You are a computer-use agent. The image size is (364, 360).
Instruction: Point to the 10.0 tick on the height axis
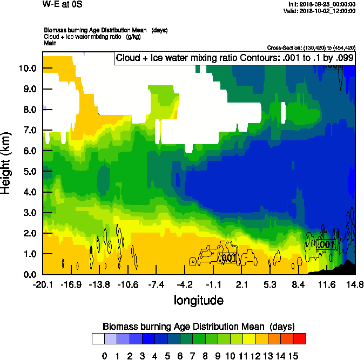tap(28, 69)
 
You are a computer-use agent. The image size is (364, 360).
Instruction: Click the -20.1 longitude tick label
tap(42, 284)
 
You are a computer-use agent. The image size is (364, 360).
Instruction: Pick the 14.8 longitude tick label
tap(355, 284)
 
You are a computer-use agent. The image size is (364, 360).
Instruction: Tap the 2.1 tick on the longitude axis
tap(241, 284)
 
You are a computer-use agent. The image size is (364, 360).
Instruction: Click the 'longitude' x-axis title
tap(198, 300)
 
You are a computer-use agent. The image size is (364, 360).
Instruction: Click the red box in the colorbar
tap(300, 339)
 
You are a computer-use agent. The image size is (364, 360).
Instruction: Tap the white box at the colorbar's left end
tap(98, 339)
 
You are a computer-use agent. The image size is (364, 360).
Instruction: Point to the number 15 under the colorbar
tap(293, 356)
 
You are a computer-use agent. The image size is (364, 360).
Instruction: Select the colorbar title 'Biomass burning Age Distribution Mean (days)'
tap(198, 327)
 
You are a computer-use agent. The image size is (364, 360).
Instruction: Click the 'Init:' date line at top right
tap(322, 4)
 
